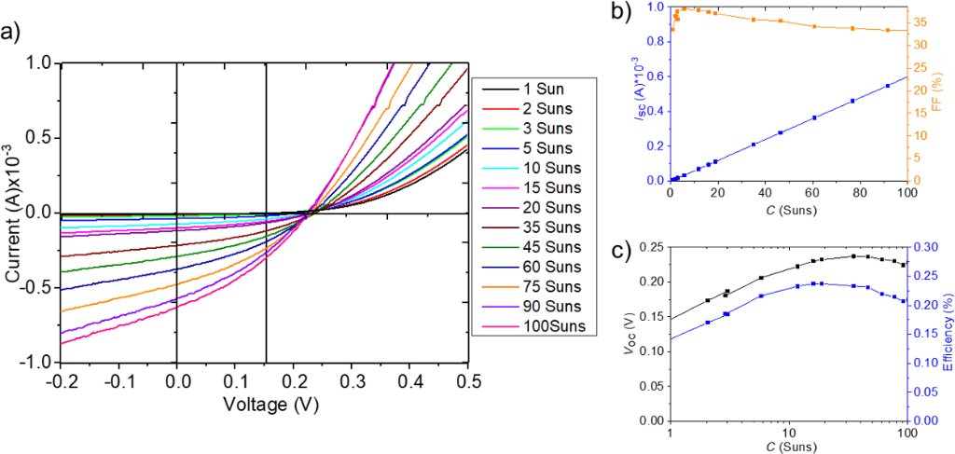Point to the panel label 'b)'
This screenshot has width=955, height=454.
coord(621,12)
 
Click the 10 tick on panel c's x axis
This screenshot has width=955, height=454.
coord(789,433)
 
